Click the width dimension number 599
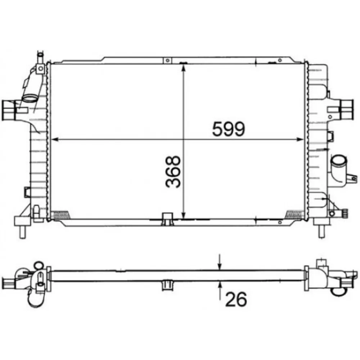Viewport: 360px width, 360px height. [x=228, y=129]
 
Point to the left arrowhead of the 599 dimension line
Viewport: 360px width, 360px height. [x=55, y=140]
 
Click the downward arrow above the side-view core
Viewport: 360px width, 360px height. [x=220, y=265]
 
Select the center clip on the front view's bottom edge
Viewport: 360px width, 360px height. [x=167, y=219]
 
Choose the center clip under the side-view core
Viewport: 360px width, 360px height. [x=167, y=284]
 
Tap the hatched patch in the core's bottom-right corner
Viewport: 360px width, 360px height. [x=294, y=215]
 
